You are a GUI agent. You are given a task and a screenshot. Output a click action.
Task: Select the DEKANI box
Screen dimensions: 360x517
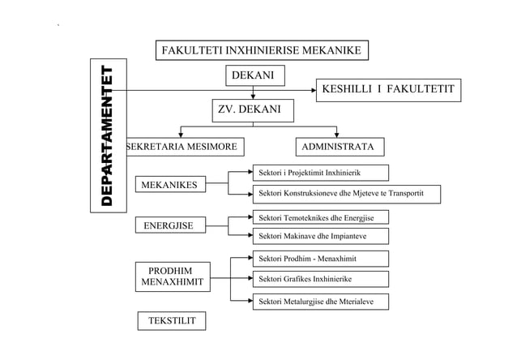click(253, 76)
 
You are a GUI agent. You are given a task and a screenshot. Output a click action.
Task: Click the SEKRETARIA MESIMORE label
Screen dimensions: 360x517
click(182, 147)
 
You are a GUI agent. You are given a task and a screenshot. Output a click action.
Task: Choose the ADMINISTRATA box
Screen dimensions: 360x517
click(337, 147)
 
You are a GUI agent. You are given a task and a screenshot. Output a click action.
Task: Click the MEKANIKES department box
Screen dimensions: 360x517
click(169, 186)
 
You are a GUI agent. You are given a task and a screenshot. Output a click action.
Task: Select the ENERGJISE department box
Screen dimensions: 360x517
click(169, 225)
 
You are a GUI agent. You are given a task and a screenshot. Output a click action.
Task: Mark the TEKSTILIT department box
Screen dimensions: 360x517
click(171, 322)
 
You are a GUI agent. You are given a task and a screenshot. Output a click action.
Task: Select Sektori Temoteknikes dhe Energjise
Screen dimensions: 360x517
click(320, 217)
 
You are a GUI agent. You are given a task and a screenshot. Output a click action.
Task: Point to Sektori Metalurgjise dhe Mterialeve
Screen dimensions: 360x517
click(320, 302)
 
